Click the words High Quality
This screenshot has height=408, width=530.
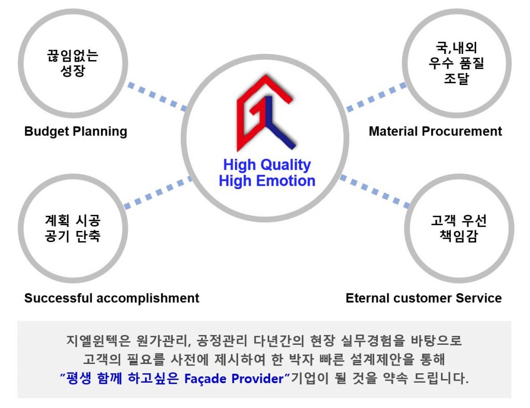click(x=267, y=165)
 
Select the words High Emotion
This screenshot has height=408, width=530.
click(x=267, y=181)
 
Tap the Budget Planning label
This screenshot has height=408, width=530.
click(x=76, y=132)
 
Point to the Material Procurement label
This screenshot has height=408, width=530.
click(x=435, y=131)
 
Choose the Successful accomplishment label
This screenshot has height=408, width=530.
click(x=112, y=298)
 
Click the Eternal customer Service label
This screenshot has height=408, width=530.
click(x=423, y=298)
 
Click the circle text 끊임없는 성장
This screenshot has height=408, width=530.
click(x=72, y=63)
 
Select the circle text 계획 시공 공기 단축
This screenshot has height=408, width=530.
click(x=72, y=228)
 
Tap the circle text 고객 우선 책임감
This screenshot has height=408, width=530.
click(x=459, y=228)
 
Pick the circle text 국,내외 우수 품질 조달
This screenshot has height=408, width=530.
click(x=457, y=63)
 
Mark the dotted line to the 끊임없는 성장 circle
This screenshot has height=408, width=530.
click(x=157, y=96)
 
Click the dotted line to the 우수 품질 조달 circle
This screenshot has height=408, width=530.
click(x=376, y=97)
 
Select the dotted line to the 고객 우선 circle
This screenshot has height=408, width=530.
click(x=375, y=192)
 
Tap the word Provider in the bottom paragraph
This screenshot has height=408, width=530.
click(x=258, y=378)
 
